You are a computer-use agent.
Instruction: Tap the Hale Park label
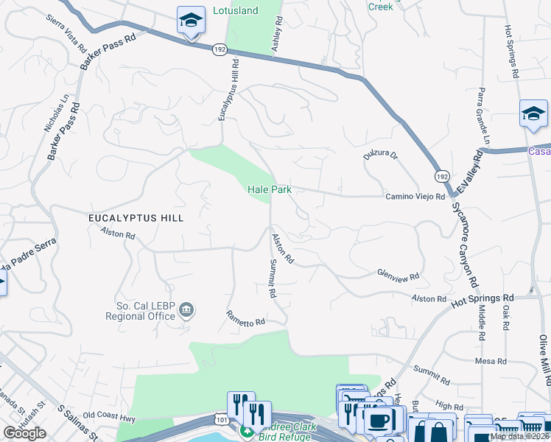pyautogui.click(x=270, y=189)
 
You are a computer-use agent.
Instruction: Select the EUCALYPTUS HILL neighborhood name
pyautogui.click(x=136, y=218)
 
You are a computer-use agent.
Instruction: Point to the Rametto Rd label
pyautogui.click(x=245, y=318)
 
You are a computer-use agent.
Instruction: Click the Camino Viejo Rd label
pyautogui.click(x=415, y=197)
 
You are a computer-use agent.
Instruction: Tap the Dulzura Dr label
pyautogui.click(x=380, y=155)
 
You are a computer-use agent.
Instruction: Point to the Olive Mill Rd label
pyautogui.click(x=544, y=360)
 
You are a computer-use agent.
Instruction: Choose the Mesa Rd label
pyautogui.click(x=491, y=361)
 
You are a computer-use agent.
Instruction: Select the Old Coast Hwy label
pyautogui.click(x=110, y=415)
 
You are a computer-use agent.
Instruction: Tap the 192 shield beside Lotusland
pyautogui.click(x=219, y=49)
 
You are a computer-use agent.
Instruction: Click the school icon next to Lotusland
pyautogui.click(x=192, y=21)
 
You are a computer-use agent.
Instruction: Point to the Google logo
pyautogui.click(x=25, y=433)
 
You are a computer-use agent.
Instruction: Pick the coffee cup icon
pyautogui.click(x=379, y=420)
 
